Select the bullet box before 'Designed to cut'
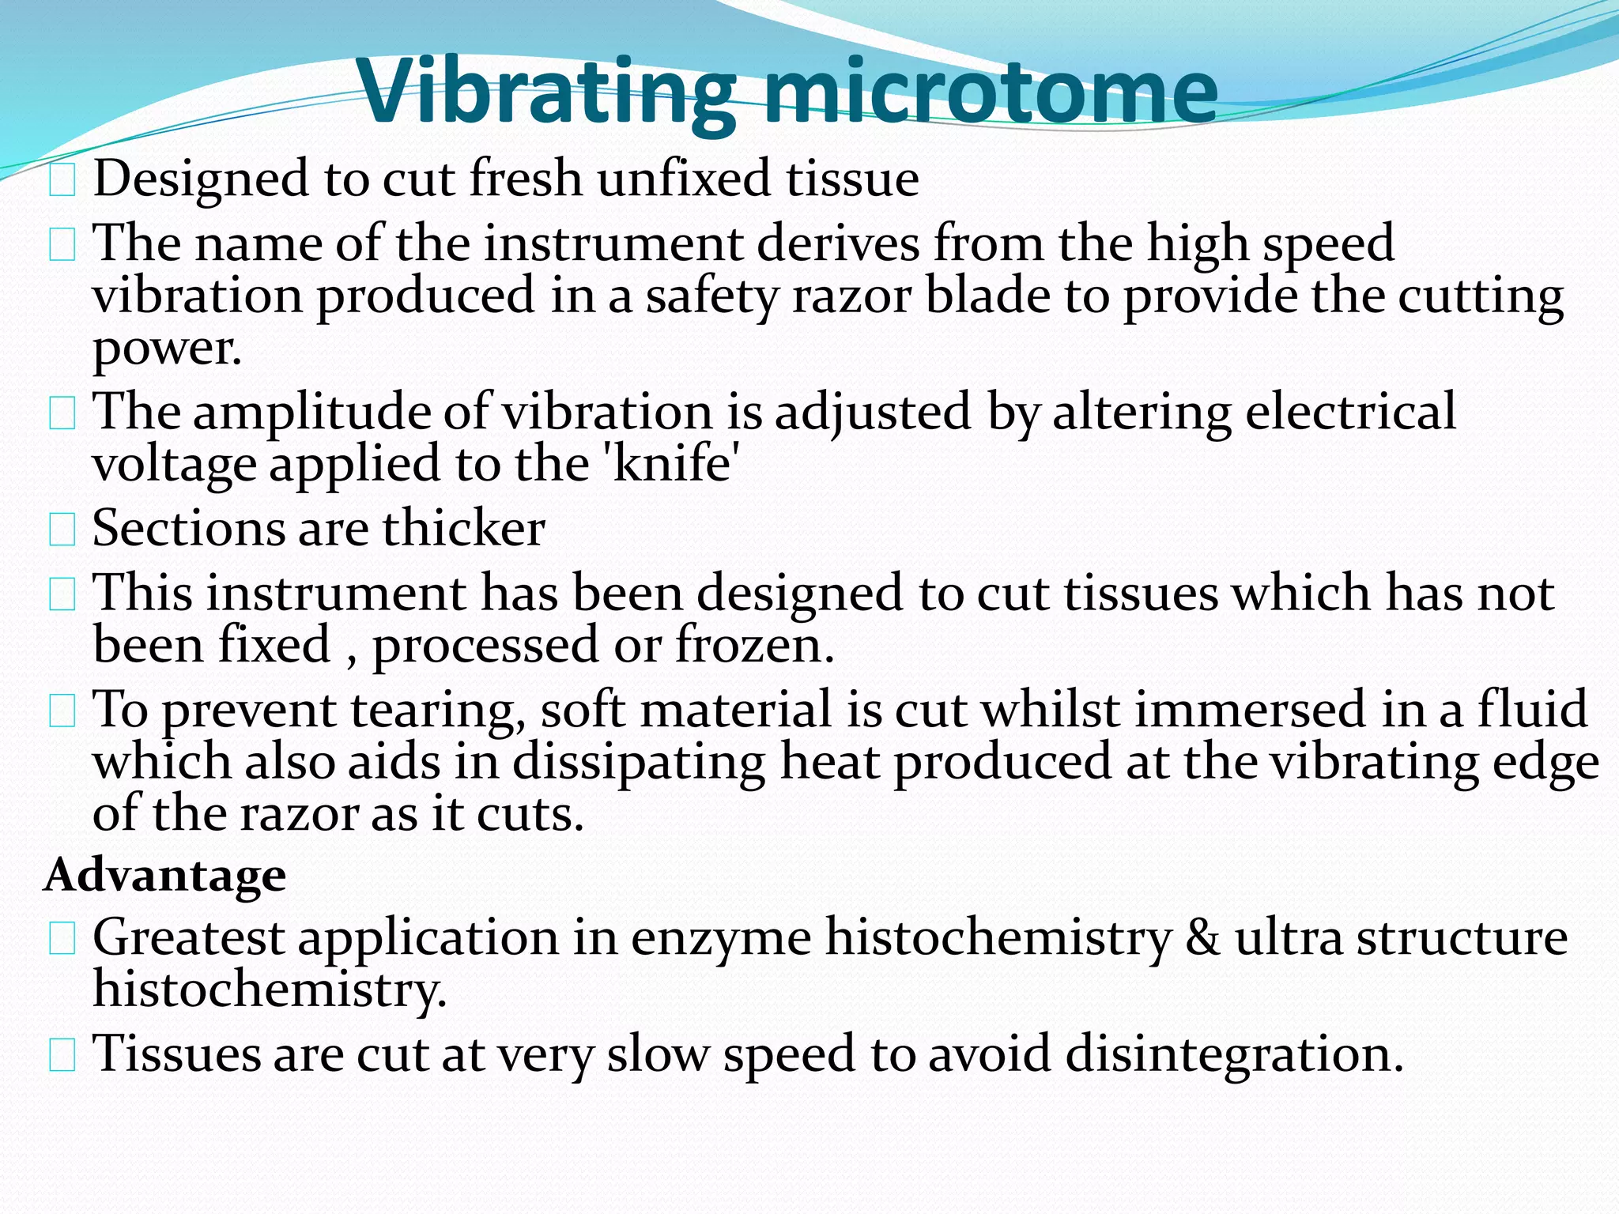click(x=62, y=181)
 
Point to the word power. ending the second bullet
click(x=167, y=349)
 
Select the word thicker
click(x=464, y=528)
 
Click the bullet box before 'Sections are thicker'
click(x=62, y=530)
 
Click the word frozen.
click(x=755, y=645)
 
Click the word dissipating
click(x=639, y=763)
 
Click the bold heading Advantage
click(x=165, y=876)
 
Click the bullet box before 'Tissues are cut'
click(x=62, y=1056)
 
